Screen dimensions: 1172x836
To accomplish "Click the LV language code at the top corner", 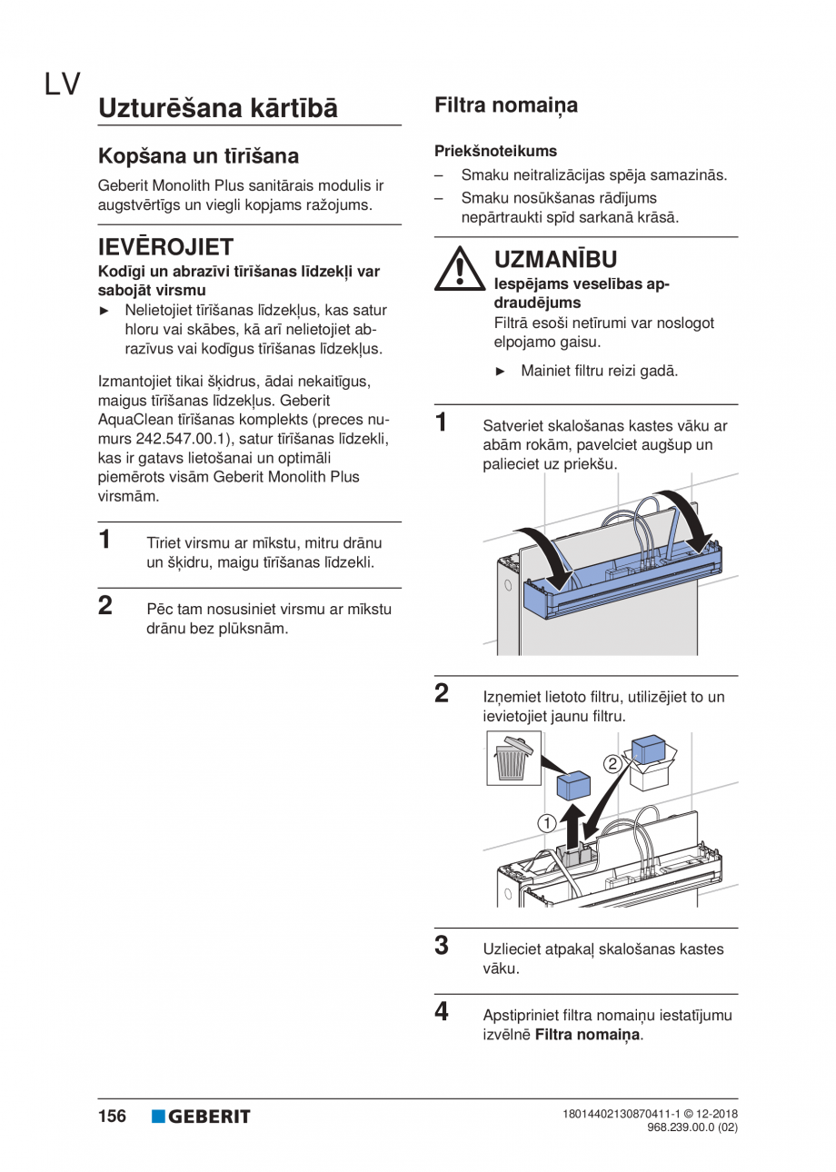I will (62, 84).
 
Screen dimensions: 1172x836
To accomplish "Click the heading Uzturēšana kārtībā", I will (218, 108).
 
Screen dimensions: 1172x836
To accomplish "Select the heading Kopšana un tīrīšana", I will (198, 156).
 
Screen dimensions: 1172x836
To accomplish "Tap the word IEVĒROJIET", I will (165, 247).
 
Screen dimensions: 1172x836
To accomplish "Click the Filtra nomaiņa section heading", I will (506, 105).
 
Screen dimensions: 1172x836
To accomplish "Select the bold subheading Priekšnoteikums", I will (496, 151).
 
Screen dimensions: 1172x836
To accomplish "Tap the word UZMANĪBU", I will (555, 261).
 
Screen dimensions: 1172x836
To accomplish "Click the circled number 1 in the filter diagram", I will (546, 823).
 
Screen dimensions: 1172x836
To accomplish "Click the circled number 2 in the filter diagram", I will (613, 763).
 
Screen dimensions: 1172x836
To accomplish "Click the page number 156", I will (112, 1117).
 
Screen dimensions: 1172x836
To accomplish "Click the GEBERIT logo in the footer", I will (201, 1117).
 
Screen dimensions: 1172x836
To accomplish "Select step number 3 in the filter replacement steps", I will (442, 946).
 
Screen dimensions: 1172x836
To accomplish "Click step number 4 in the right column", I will (442, 1011).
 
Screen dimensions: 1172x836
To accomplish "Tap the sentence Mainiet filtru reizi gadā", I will (599, 372).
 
